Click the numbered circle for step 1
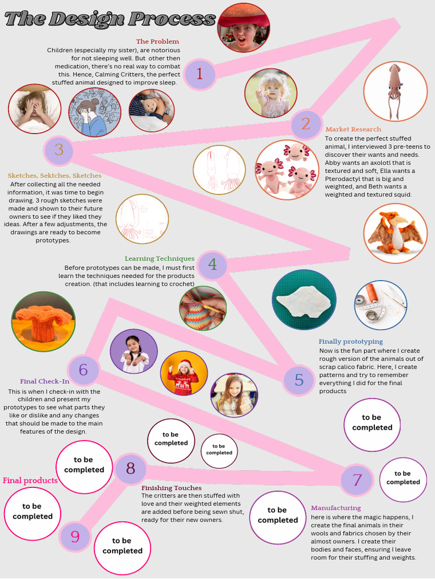coord(198,74)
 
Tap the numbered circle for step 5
coord(298,379)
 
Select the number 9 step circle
coord(75,537)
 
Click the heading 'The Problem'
coord(157,41)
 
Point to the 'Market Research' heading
coord(353,129)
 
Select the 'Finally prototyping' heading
coord(351,342)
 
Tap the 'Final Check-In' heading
coord(45,381)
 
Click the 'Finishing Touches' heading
coord(171,487)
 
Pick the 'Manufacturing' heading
coord(336,508)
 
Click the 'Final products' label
coord(30,481)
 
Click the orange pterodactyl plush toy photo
coord(395,234)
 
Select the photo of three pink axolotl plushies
coord(287,170)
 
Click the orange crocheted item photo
coord(43,322)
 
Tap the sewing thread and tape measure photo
coord(380,305)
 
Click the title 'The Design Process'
coord(110,19)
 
